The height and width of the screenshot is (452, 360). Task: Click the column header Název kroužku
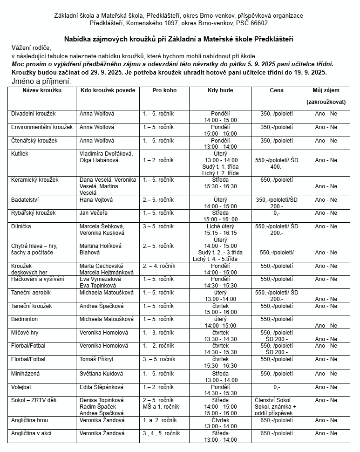coord(42,90)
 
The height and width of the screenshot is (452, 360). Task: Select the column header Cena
coord(276,90)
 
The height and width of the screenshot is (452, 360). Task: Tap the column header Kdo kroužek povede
coord(108,90)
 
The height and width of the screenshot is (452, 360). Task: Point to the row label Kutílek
coord(20,154)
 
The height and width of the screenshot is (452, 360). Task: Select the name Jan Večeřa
coord(96,213)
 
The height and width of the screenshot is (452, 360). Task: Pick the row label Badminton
coord(25,319)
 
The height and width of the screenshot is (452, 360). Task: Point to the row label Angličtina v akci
coord(32,433)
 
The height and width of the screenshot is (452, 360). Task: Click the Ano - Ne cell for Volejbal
coord(326,387)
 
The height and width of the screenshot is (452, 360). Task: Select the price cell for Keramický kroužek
coord(276,180)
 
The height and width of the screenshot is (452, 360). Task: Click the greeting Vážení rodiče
coord(31,48)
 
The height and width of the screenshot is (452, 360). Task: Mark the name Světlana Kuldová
coord(101,374)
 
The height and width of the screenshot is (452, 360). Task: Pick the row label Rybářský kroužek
coord(33,213)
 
